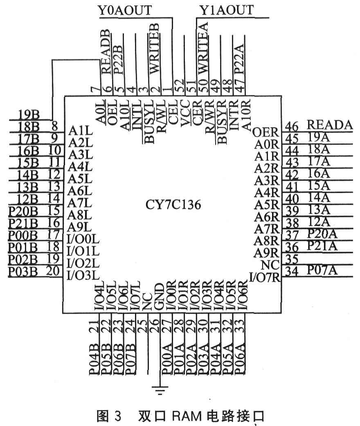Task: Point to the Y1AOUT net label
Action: coord(226,10)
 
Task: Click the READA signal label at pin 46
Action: coord(329,125)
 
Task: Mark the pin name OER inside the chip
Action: coord(265,133)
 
